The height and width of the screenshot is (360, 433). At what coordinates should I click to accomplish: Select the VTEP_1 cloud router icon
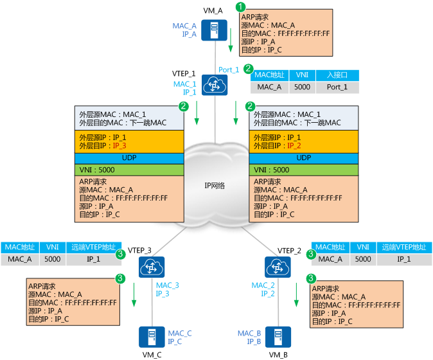point(212,84)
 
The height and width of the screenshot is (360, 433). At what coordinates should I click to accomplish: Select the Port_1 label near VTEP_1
point(229,69)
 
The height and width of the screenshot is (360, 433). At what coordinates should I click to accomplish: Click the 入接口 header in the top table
point(337,75)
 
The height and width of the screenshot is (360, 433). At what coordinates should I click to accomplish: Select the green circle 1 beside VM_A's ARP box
point(241,6)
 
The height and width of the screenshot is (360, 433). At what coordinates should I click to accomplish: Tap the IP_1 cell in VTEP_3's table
point(94,259)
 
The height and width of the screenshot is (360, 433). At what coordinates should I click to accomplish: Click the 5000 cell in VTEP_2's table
point(362,259)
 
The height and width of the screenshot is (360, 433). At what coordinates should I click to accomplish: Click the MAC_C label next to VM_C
point(180,333)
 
